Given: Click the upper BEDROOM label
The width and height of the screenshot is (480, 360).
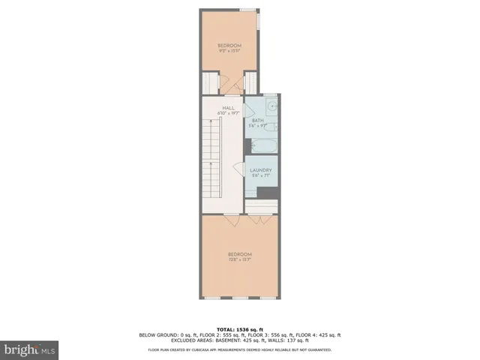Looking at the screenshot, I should tap(229, 45).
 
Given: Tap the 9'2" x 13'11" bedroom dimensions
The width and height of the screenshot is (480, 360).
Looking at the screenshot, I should tap(229, 51).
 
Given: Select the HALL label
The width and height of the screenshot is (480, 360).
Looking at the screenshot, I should tap(228, 108).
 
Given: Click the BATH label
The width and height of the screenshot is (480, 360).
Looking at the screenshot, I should tap(257, 120).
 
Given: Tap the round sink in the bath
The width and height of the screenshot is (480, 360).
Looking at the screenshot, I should tap(273, 106).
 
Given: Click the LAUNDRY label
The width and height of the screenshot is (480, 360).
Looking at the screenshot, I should tap(260, 170).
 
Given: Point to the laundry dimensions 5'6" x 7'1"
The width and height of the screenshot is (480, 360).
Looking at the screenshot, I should tap(260, 176).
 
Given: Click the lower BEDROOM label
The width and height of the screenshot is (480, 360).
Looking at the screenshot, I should tap(239, 253).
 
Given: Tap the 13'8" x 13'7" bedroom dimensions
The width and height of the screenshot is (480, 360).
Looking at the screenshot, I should tap(239, 259).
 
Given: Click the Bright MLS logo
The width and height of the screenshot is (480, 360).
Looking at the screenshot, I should tap(30, 349).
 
